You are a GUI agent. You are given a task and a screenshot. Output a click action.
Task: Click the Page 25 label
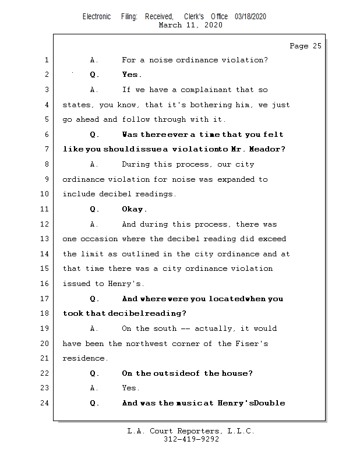tap(305, 46)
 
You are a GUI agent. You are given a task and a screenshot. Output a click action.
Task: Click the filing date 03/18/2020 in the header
tap(250, 17)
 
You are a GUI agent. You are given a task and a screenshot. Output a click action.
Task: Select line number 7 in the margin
tap(47, 150)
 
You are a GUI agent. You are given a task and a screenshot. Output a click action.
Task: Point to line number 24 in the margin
tap(45, 403)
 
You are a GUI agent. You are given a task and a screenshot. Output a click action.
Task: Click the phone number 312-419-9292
tap(191, 439)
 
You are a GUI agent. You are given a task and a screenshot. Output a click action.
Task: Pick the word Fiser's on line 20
tap(251, 344)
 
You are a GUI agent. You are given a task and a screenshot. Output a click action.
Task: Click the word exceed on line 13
tap(272, 239)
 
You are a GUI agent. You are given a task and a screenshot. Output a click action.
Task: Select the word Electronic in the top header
tap(97, 17)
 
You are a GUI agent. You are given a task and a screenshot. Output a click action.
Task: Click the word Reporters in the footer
tap(197, 431)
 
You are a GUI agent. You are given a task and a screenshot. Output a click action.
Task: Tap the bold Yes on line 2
tap(130, 75)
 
